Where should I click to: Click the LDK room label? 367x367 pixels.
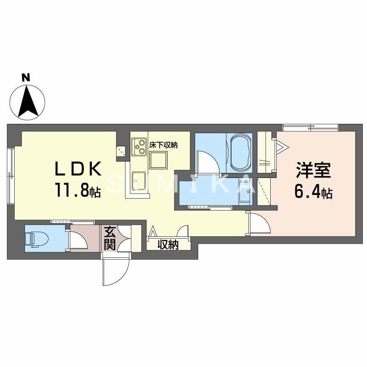[78, 170]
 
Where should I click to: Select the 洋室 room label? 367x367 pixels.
[313, 172]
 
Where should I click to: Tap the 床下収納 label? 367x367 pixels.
[163, 145]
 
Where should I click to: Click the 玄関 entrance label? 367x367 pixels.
[109, 238]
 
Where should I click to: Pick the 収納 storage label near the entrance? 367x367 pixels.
[168, 245]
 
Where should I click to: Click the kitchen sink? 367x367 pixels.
[139, 180]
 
